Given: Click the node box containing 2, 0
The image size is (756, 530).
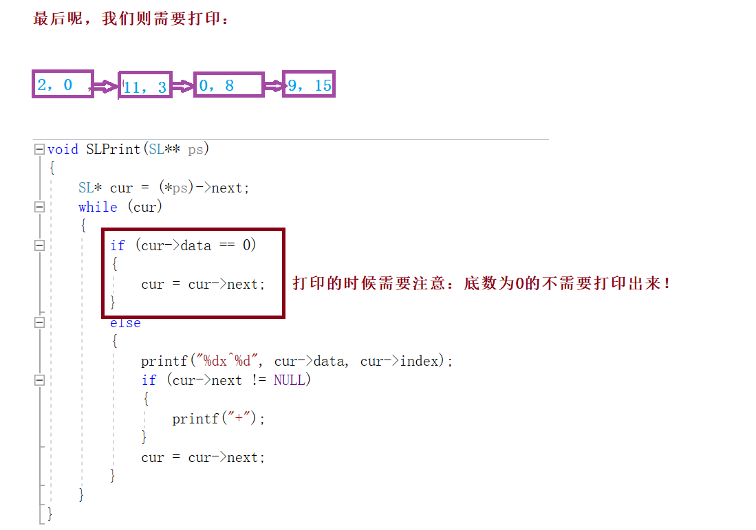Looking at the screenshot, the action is click(63, 85).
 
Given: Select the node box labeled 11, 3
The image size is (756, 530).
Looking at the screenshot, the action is click(145, 86).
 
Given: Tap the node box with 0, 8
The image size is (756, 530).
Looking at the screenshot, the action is click(228, 85).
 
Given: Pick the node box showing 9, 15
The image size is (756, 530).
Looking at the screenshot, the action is click(309, 85).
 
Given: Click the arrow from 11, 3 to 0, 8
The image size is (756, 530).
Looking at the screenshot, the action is click(183, 86).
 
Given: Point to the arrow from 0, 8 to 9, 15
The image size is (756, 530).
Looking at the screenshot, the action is click(274, 86).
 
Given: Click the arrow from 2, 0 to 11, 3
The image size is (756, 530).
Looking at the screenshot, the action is click(105, 87).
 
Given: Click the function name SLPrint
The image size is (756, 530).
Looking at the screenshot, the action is click(114, 149).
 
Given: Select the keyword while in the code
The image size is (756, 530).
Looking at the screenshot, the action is click(98, 207).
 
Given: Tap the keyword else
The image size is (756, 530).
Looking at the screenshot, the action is click(125, 323).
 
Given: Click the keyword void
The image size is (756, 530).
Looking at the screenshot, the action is click(63, 149).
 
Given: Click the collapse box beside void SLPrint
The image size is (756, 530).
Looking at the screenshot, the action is click(39, 149).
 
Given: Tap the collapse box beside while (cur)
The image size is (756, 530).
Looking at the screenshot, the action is click(39, 207).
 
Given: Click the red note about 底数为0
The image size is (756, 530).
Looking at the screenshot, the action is click(482, 283).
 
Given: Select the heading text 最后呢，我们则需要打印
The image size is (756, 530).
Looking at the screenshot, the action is click(131, 19).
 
